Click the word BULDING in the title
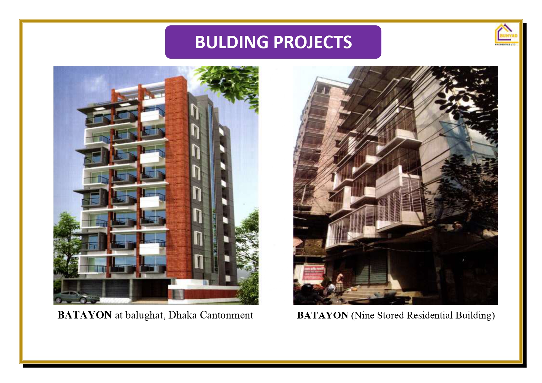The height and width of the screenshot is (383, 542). tap(231, 42)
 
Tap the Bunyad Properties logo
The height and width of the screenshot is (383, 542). tap(506, 35)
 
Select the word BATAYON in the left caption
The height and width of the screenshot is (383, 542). tap(85, 315)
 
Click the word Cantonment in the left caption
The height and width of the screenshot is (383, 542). tap(227, 315)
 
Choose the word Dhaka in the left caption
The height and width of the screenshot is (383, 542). tap(182, 315)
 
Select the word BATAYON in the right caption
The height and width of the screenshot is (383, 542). tap(323, 315)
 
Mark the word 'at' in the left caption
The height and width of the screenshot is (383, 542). tap(119, 315)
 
